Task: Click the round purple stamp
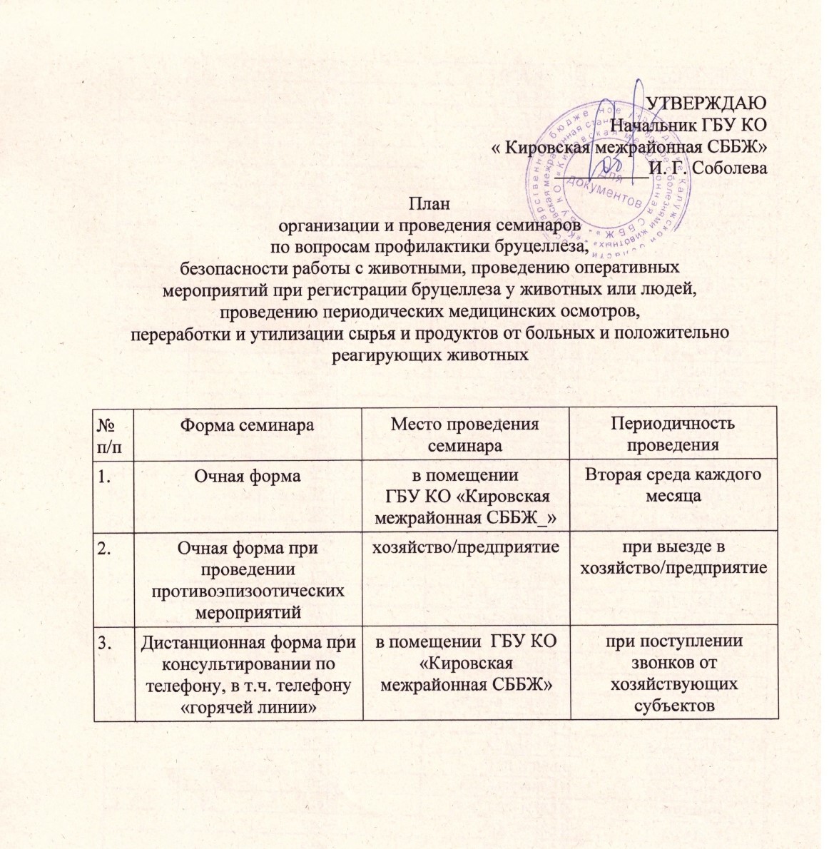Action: [x=608, y=177]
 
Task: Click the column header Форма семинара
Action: [x=247, y=424]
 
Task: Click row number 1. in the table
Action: [x=107, y=476]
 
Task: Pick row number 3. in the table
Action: [x=107, y=641]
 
